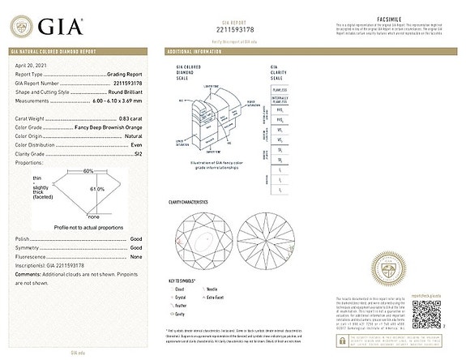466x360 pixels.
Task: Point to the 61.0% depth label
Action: (x=96, y=188)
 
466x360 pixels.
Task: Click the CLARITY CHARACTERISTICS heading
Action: (x=189, y=202)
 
